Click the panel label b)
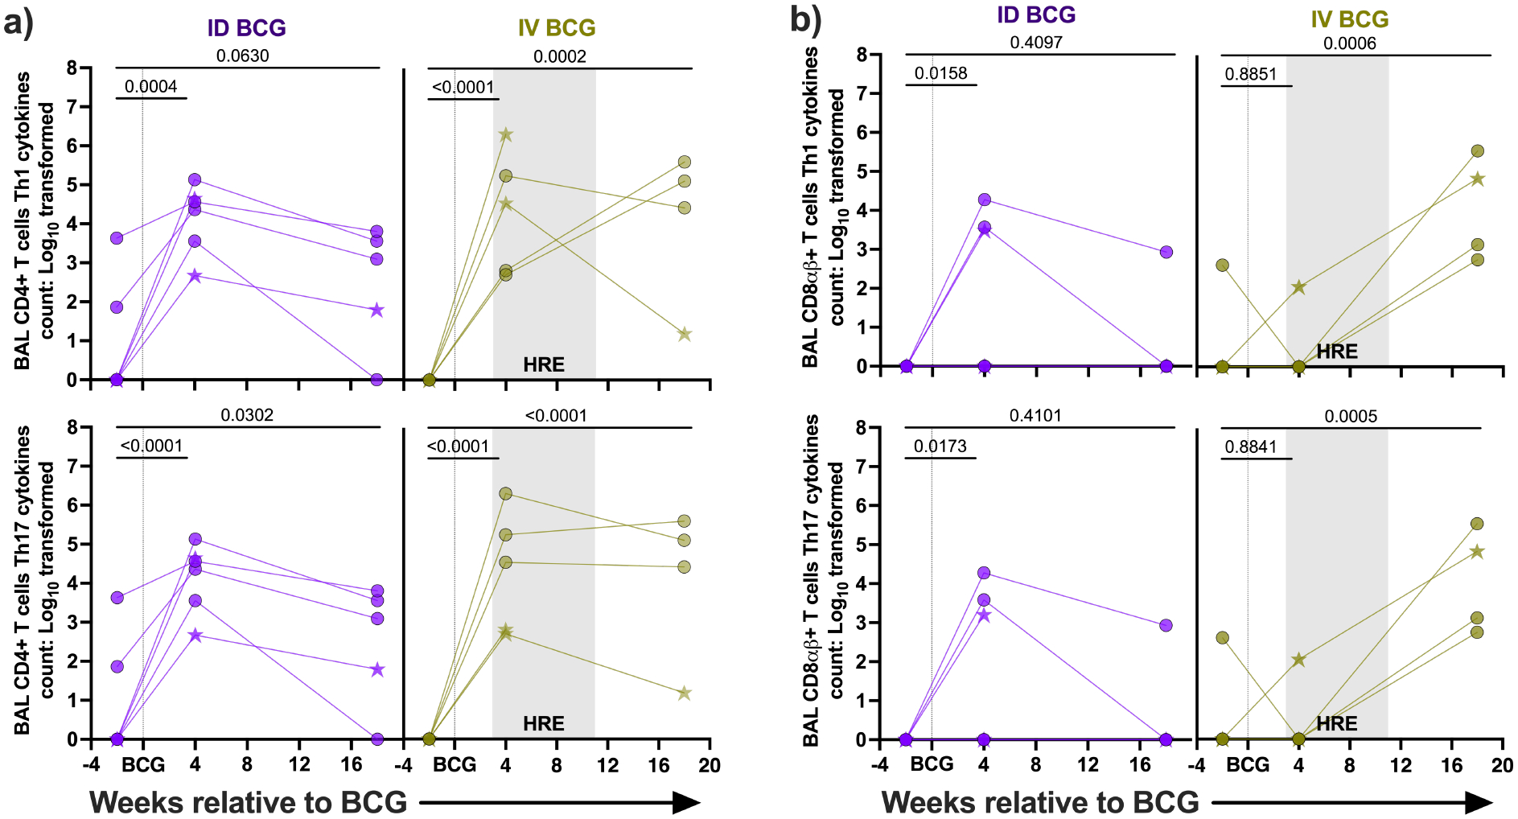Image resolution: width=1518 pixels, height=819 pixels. point(805,19)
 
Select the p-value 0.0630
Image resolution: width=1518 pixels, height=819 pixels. point(242,56)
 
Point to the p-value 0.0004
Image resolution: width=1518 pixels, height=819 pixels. point(150,86)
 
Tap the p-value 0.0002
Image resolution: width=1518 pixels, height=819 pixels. point(559,56)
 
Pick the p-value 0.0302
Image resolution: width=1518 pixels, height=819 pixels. point(247,415)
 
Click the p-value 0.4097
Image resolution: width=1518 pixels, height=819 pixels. point(1036,42)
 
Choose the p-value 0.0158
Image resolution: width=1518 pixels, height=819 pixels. point(940,73)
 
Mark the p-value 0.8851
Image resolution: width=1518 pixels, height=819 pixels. point(1251,74)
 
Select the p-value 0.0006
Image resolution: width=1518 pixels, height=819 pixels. point(1349,43)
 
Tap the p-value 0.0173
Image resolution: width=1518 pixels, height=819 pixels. point(940,447)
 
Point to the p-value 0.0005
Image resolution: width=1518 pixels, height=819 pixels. point(1351,416)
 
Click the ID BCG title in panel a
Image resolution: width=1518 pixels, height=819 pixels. point(246,27)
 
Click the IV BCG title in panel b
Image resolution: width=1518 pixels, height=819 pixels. point(1349,19)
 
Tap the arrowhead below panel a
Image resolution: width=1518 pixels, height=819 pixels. point(685,802)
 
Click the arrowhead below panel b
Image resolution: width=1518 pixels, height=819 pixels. point(1479,802)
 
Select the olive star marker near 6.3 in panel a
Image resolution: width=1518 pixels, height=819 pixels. point(505,135)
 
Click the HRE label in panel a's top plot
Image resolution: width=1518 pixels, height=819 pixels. point(544,364)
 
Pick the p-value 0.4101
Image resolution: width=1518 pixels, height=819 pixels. point(1035,416)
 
